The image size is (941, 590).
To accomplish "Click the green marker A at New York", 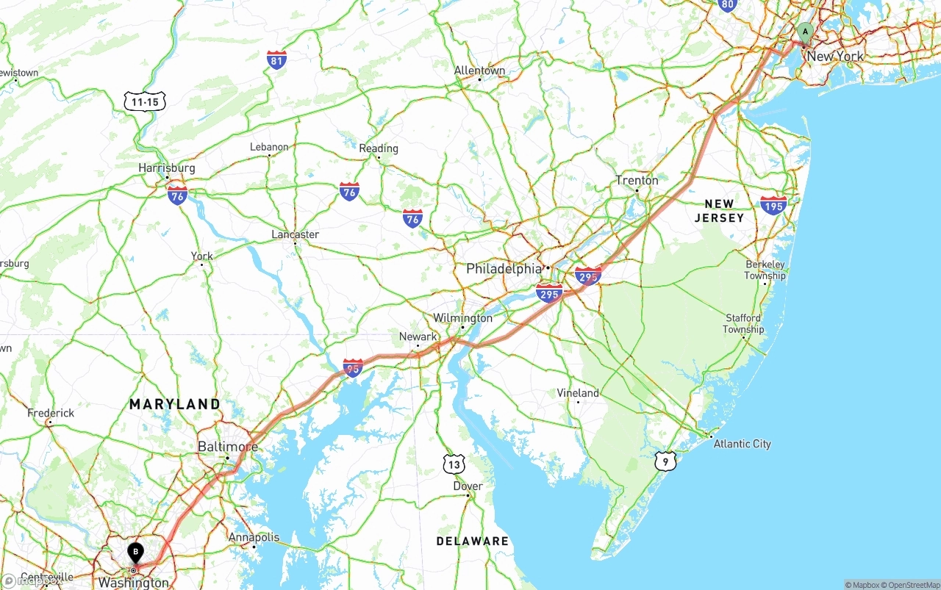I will click(805, 32).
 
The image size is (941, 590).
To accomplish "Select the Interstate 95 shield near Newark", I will click(353, 367).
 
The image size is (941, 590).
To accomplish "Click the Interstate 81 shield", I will click(276, 60).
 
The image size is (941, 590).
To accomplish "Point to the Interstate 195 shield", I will click(773, 205).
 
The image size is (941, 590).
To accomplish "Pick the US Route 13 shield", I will click(454, 464).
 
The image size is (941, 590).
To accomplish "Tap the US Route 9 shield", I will click(665, 461).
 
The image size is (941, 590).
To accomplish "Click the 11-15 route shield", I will click(146, 102).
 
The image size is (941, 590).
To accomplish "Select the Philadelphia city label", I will click(504, 269).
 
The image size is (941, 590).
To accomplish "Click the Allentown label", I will click(479, 71).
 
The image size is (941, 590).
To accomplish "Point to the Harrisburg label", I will click(167, 168).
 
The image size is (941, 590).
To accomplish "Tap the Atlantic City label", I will click(742, 444).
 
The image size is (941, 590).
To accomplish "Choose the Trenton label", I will click(637, 181).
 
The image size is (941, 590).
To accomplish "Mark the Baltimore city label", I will click(227, 447).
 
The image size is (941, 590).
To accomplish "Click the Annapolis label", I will click(254, 537).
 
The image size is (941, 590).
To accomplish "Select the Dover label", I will click(468, 486).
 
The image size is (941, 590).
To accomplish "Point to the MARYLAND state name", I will click(175, 404).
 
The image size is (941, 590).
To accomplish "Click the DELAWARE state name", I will click(472, 542).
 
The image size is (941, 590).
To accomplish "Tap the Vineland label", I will click(578, 393).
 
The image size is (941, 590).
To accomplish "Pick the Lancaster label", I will click(295, 234).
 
